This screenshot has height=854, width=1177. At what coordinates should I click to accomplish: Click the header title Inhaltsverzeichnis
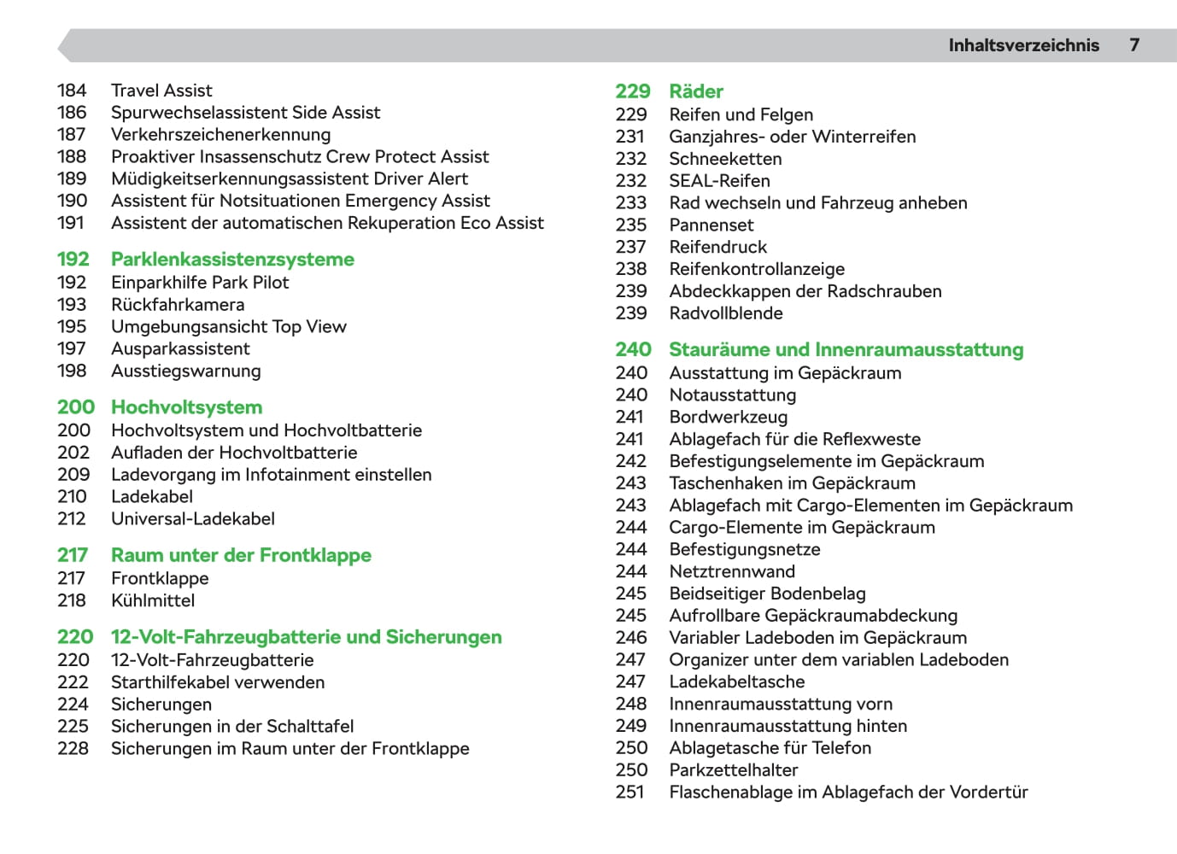tap(1023, 45)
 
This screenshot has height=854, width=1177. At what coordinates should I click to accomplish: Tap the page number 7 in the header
tap(1134, 45)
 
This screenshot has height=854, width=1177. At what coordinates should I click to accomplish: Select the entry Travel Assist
tap(161, 91)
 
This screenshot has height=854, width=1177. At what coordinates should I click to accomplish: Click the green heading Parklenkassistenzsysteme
tap(232, 260)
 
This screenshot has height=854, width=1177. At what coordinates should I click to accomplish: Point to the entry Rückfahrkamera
tap(178, 305)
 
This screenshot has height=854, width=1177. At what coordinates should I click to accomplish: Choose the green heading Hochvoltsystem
tap(186, 407)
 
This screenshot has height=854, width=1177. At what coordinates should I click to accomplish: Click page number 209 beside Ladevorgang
tap(73, 475)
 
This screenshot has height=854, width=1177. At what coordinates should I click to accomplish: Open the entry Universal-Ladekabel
tap(193, 519)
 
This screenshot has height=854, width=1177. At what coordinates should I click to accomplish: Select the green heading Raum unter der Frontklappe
tap(241, 555)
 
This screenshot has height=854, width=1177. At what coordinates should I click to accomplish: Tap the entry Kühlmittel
tap(153, 601)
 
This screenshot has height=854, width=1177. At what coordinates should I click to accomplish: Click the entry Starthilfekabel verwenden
tap(218, 682)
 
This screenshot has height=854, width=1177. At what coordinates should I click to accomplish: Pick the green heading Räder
tap(696, 91)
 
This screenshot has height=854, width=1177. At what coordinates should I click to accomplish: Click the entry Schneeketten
tap(725, 159)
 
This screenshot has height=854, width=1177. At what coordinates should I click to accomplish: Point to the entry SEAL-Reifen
tap(719, 181)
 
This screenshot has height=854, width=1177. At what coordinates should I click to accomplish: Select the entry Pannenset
tap(711, 225)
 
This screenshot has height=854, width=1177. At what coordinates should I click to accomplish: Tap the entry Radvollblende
tap(726, 313)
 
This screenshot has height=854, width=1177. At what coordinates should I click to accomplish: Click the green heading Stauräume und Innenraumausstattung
tap(846, 350)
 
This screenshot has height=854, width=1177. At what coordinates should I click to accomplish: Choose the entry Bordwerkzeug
tap(728, 418)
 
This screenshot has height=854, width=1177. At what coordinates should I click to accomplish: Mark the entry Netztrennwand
tap(732, 572)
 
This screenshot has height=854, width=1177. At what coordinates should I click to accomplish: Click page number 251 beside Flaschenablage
tap(630, 793)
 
